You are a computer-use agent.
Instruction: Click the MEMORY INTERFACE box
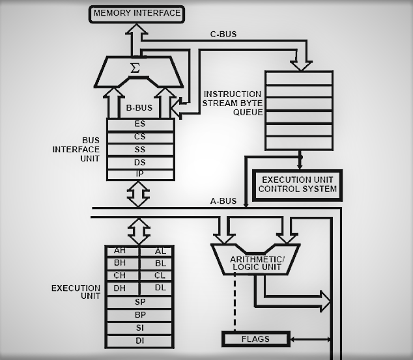pos(137,13)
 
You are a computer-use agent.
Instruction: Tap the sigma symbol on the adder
pos(135,68)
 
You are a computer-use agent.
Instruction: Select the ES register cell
pos(140,124)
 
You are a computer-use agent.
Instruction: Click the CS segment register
pos(140,137)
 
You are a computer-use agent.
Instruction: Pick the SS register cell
pos(140,149)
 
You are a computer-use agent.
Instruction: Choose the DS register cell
pos(140,162)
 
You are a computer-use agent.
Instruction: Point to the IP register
pos(140,174)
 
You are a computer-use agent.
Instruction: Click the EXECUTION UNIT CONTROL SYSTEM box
pos(298,184)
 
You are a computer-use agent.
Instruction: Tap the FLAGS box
pos(255,339)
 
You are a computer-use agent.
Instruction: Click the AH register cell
pos(121,251)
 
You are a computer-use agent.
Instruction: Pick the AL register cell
pos(160,251)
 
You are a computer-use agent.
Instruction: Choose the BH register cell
pos(121,264)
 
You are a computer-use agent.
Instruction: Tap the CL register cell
pos(160,276)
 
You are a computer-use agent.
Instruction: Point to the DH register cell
pos(121,288)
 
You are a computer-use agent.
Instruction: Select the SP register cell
pos(140,302)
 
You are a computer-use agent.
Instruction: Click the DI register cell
pos(140,340)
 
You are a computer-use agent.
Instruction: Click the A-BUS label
pos(223,201)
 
